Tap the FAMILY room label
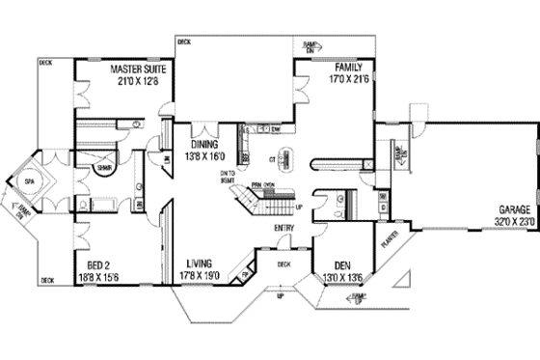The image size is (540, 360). click(348, 68)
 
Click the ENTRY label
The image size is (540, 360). click(284, 228)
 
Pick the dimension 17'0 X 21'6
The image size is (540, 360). click(348, 79)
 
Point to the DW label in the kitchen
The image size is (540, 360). click(276, 128)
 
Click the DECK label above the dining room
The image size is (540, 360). click(184, 42)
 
